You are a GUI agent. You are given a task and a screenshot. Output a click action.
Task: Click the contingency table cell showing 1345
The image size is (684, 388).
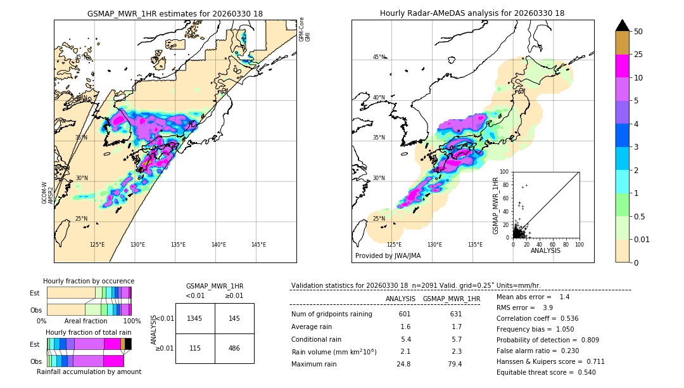pos(195,318)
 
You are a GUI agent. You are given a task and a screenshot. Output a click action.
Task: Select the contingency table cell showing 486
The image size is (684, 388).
pos(234,348)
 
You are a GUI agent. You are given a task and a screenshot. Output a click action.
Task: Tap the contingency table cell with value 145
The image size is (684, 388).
pos(234,318)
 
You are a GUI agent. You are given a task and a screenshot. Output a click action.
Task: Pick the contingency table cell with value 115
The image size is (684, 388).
pos(195,348)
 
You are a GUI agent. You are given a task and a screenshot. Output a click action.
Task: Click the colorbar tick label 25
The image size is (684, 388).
pos(638,55)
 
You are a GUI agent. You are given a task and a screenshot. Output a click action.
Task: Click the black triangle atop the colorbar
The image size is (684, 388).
pos(623,25)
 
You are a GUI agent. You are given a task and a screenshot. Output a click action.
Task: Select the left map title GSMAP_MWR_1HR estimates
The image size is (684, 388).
pos(175,13)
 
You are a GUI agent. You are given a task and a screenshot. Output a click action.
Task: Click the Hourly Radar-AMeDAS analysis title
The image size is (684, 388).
pos(472,13)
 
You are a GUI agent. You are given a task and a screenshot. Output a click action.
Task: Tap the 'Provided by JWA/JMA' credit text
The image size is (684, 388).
pos(388,255)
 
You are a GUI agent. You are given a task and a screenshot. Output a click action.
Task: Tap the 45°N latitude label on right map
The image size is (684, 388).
pos(379,57)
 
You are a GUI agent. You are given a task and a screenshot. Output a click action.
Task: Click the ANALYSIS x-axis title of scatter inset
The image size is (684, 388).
pos(545,250)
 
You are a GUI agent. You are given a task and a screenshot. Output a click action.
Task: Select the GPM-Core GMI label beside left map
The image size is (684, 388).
pos(305,30)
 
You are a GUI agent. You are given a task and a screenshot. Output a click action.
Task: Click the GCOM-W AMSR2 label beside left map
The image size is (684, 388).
pos(47,193)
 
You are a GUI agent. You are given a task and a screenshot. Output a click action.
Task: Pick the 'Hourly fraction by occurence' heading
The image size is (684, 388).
pos(89,281)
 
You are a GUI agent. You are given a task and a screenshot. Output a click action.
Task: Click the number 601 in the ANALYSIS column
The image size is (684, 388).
pos(405,314)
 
